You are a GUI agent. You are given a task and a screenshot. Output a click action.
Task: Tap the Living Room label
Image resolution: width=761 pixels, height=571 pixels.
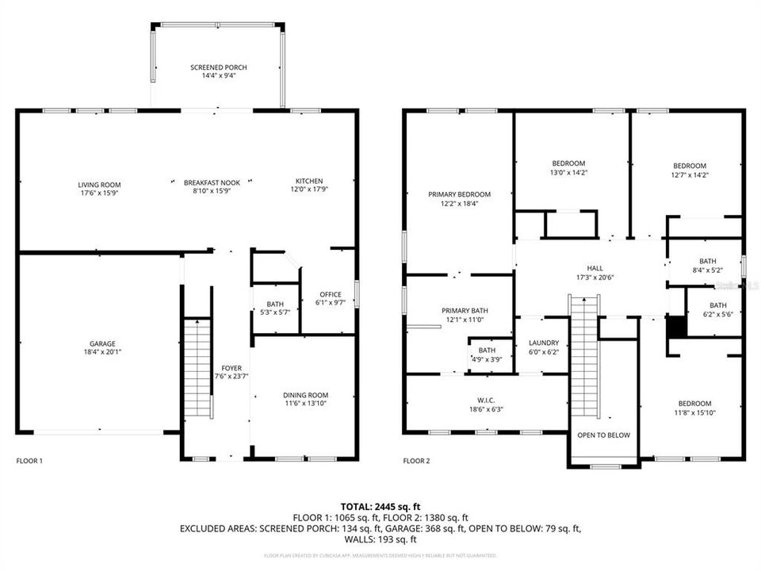[x=99, y=185]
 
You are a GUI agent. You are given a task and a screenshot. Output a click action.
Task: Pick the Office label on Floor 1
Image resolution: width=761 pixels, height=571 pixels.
[x=330, y=294]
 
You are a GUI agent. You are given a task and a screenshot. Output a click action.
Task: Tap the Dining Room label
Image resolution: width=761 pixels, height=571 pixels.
[x=305, y=395]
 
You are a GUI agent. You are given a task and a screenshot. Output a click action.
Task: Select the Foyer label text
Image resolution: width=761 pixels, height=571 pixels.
[x=231, y=368]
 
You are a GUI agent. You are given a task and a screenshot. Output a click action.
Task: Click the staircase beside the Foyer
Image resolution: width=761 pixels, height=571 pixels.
[x=198, y=369]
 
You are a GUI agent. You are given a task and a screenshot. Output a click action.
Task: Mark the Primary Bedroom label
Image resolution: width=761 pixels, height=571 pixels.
[x=459, y=194]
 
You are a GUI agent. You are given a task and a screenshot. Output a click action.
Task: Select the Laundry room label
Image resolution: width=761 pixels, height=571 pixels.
[x=544, y=343]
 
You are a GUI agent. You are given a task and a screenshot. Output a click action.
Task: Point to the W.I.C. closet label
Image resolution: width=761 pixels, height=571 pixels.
[x=486, y=400]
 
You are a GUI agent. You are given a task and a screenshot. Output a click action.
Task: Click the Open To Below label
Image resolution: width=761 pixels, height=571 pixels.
[x=603, y=435]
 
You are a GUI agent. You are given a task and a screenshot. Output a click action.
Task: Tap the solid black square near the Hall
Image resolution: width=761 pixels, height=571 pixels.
[x=675, y=327]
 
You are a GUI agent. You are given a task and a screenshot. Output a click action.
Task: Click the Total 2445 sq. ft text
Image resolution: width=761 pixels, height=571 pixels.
[x=380, y=505]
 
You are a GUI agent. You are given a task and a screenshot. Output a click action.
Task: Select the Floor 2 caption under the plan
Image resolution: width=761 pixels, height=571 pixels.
[x=416, y=461]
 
